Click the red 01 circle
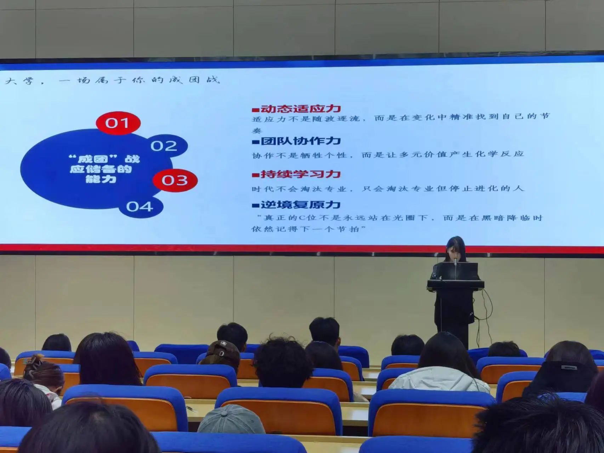[x=118, y=123]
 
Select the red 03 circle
[x=175, y=180]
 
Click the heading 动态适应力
[x=300, y=108]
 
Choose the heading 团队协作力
[x=300, y=141]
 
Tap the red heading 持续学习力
[x=300, y=174]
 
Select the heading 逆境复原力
[x=300, y=205]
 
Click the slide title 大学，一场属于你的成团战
[x=113, y=80]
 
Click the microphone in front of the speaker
[x=455, y=264]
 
